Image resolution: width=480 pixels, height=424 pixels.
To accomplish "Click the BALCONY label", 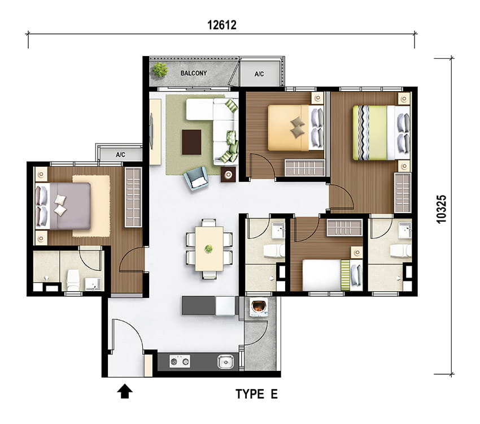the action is [194, 73].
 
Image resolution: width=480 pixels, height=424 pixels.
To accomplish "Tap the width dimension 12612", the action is [222, 25].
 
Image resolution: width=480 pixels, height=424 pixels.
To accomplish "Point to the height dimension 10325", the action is [442, 209].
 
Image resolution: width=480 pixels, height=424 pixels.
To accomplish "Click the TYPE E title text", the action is [256, 393].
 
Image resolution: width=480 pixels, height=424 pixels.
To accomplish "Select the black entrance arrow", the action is [125, 391].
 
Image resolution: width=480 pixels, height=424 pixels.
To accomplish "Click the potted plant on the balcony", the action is [160, 70].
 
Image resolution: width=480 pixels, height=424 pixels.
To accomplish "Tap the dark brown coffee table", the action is [191, 142].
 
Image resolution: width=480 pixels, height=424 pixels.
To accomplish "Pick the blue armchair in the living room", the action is [196, 178].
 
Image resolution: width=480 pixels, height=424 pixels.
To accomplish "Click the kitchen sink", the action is [226, 362].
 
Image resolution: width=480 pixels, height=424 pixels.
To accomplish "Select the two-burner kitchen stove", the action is [180, 362].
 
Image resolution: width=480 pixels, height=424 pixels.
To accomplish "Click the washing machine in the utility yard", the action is [259, 308].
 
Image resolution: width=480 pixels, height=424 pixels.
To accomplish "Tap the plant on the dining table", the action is [209, 249].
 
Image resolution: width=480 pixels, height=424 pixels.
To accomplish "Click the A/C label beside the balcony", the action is [259, 74].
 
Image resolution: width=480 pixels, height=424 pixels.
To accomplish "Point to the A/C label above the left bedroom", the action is [120, 155].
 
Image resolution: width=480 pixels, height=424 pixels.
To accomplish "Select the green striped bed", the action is [381, 133].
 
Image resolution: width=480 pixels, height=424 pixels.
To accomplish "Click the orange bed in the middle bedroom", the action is [296, 128].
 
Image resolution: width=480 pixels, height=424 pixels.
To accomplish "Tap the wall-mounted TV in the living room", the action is [151, 131].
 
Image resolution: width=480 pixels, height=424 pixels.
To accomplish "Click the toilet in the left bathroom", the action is [73, 280].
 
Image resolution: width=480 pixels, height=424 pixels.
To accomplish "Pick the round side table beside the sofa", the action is [228, 175].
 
